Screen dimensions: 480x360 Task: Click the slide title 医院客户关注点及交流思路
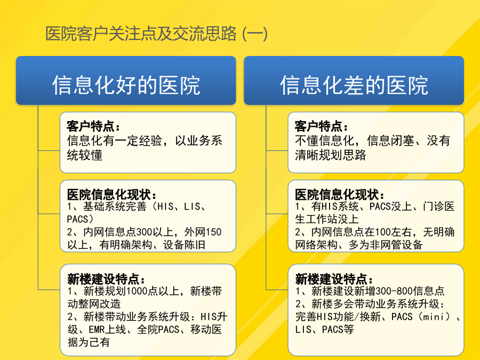click(141, 34)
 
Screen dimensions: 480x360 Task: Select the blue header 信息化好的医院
click(126, 81)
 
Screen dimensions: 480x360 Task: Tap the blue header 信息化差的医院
click(354, 81)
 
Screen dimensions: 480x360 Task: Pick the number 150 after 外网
click(213, 232)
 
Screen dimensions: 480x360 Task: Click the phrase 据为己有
click(89, 342)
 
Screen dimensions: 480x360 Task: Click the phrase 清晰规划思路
click(331, 155)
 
